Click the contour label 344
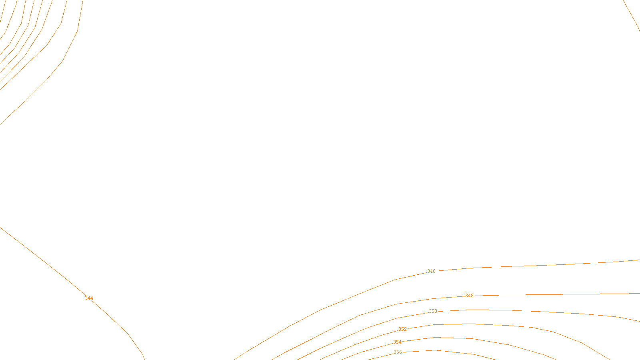tap(89, 298)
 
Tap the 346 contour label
tap(431, 271)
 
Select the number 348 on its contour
tap(469, 296)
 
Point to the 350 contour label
tap(433, 311)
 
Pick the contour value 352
tap(402, 329)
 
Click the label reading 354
tap(397, 342)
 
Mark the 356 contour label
tap(398, 352)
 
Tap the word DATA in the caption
tap(338, 354)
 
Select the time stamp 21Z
tap(303, 354)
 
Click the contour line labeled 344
tap(40, 258)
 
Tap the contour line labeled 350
tap(520, 311)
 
